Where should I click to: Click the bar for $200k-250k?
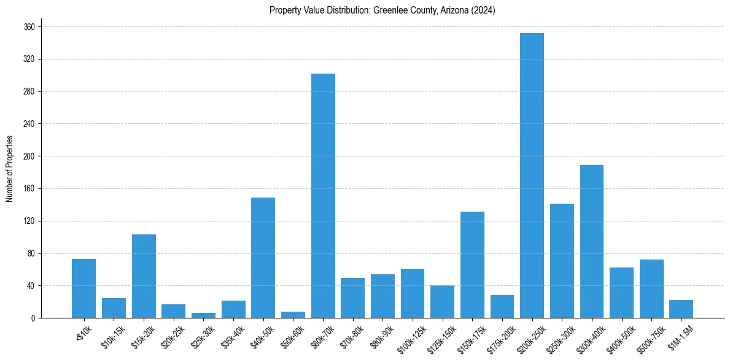[x=532, y=175]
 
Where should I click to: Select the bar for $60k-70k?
[x=323, y=196]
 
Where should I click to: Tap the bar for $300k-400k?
[x=592, y=241]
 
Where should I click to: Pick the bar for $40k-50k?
[x=263, y=258]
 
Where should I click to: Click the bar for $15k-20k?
[x=144, y=276]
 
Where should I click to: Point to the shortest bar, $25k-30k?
[x=203, y=315]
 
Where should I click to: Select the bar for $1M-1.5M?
[x=681, y=309]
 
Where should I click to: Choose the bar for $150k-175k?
[x=472, y=264]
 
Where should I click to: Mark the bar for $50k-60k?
[x=293, y=315]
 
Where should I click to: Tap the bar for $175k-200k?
[x=502, y=307]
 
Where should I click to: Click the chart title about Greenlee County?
[x=382, y=10]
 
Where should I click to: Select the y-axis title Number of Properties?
[x=10, y=169]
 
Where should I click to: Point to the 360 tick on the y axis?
[x=29, y=27]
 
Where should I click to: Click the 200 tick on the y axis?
[x=29, y=156]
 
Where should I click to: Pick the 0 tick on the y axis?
[x=33, y=318]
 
